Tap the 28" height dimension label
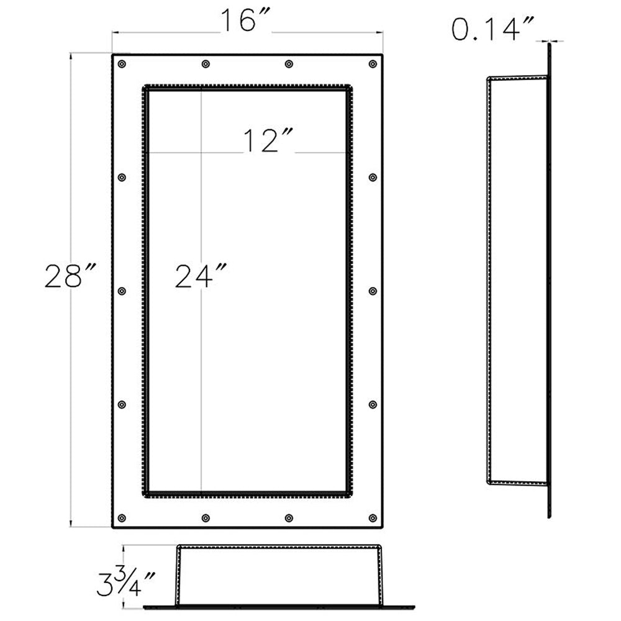(x=71, y=276)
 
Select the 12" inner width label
(x=268, y=141)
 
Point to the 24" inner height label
(x=201, y=276)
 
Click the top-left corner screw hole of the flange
(x=122, y=64)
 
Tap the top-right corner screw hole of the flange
(x=373, y=64)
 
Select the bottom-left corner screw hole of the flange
(x=122, y=518)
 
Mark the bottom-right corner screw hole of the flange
(x=373, y=518)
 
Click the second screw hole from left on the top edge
(x=206, y=64)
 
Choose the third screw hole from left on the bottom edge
(x=289, y=518)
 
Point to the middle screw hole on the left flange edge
(x=122, y=291)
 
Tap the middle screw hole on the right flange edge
(x=373, y=291)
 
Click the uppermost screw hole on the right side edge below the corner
(x=373, y=178)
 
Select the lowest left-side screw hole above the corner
(x=122, y=405)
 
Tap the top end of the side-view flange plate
(x=549, y=43)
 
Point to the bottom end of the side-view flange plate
(x=549, y=516)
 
